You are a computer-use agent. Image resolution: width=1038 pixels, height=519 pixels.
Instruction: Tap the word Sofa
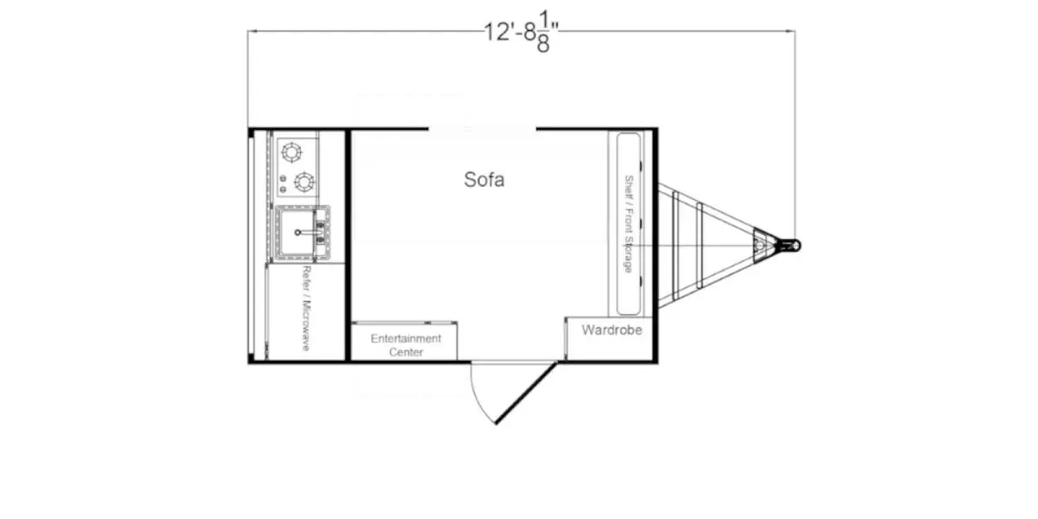[484, 180]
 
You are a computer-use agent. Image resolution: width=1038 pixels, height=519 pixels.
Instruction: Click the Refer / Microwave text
[305, 308]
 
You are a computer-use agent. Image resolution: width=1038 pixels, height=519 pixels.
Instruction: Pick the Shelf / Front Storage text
[629, 224]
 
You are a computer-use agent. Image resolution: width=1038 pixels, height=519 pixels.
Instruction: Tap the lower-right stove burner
[304, 182]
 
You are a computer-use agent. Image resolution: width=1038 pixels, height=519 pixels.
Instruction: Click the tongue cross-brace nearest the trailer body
[676, 246]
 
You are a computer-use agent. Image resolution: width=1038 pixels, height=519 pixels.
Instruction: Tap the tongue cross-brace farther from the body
[698, 246]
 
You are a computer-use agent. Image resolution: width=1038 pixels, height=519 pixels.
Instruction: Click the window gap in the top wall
[482, 130]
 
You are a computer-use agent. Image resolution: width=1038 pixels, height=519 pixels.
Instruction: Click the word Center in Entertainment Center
[406, 352]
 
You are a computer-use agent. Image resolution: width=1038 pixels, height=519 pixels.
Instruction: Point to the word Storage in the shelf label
[629, 252]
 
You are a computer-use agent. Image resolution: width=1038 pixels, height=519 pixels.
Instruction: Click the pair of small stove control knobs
[283, 183]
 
